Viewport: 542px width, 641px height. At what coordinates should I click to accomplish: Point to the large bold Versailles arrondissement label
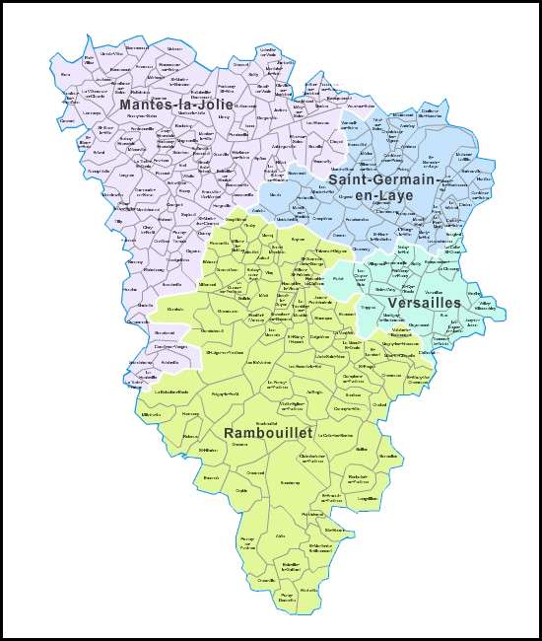(425, 302)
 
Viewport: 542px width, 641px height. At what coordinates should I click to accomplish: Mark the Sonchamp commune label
(290, 482)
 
